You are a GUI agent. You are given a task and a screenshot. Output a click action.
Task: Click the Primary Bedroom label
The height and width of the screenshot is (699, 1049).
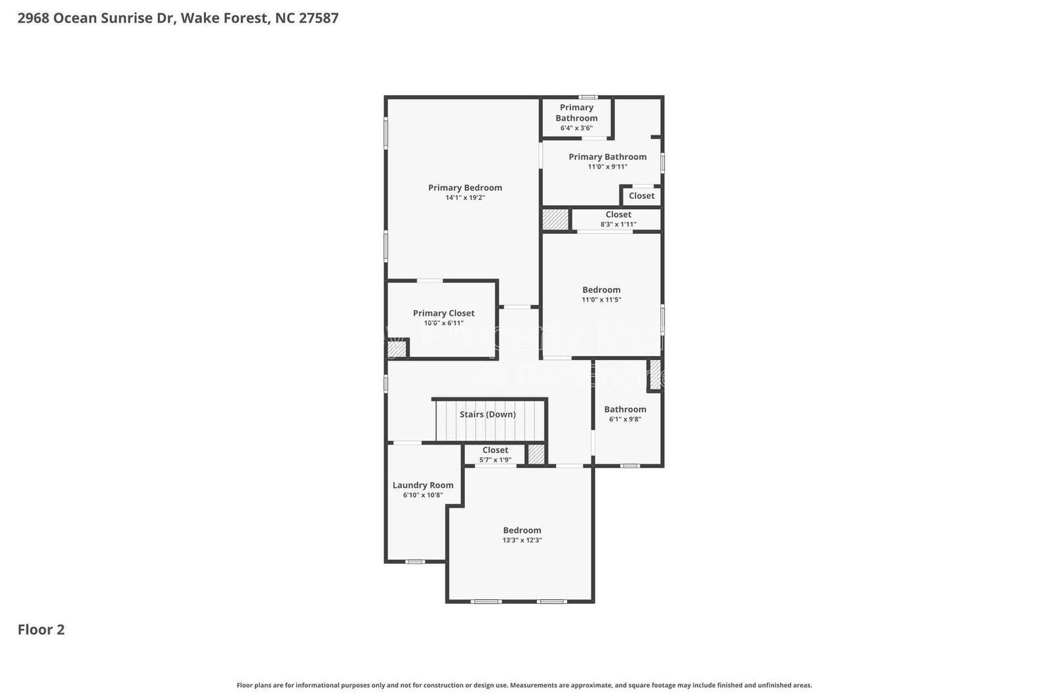click(465, 188)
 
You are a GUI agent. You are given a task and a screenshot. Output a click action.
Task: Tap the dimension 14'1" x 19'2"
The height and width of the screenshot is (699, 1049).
click(465, 197)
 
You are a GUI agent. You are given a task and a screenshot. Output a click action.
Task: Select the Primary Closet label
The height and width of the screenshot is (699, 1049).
click(443, 313)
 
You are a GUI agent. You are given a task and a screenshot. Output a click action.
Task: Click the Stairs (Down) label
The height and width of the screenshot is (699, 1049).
click(487, 414)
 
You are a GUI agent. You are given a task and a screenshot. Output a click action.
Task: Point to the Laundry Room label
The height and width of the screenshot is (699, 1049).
click(423, 485)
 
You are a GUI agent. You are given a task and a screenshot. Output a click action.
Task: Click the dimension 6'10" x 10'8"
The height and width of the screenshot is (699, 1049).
click(423, 495)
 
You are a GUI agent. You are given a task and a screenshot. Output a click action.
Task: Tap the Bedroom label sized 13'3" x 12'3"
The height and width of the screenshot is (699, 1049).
click(522, 530)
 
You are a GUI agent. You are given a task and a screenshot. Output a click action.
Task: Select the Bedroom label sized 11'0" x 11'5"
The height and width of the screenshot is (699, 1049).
click(601, 290)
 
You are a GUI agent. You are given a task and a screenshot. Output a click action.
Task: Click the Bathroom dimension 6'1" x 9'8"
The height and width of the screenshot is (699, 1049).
click(625, 419)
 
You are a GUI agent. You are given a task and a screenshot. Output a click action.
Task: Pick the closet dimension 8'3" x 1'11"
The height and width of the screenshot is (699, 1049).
click(618, 224)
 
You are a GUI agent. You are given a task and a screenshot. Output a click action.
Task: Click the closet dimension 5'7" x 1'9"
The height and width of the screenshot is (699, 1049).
click(495, 460)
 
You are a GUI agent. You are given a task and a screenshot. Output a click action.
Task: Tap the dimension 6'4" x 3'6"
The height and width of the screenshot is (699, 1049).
click(576, 128)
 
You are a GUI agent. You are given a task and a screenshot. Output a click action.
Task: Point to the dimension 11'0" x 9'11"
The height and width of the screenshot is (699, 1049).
click(607, 167)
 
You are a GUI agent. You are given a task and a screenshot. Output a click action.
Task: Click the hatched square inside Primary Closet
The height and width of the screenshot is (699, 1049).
click(397, 349)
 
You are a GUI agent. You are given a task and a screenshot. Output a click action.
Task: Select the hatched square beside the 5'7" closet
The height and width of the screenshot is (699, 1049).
click(536, 454)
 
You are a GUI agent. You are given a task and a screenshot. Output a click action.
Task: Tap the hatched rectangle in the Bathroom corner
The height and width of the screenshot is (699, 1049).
click(654, 374)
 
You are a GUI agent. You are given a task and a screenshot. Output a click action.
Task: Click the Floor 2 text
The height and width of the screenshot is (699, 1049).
click(41, 629)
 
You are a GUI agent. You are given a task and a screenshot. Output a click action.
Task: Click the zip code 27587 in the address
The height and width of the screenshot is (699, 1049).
click(319, 18)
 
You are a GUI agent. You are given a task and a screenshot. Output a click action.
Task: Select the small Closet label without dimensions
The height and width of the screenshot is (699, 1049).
click(641, 195)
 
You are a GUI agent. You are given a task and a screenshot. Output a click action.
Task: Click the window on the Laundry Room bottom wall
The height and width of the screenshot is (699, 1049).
click(414, 562)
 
